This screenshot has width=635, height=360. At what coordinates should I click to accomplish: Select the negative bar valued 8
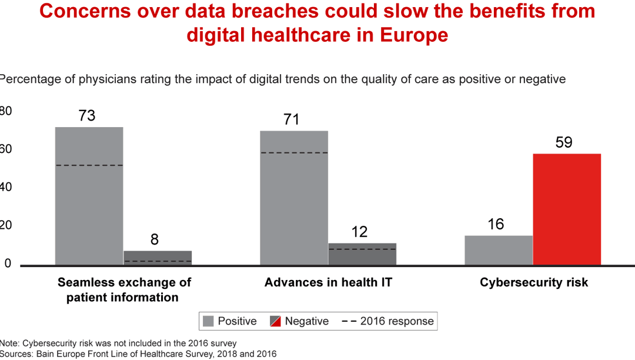tap(157, 258)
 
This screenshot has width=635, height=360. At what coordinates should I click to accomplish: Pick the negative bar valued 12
tap(362, 254)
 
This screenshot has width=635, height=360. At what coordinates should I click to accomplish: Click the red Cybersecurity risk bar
tap(566, 209)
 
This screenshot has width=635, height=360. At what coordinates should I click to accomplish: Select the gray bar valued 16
tap(498, 250)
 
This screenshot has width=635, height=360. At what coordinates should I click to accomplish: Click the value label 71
tap(291, 119)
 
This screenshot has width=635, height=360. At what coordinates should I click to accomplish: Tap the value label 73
tap(86, 115)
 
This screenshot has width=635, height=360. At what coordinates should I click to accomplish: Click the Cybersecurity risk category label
tap(534, 282)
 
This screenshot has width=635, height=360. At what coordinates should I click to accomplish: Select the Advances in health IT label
tap(328, 282)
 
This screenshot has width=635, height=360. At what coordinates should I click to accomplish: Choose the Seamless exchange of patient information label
tap(124, 289)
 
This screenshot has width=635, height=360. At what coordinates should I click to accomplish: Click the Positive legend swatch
tap(208, 321)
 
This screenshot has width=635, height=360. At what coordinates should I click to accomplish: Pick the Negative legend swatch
tap(275, 321)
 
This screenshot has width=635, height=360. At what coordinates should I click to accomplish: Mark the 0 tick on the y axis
tap(7, 264)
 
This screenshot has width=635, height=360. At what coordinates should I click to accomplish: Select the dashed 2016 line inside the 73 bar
tap(89, 165)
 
